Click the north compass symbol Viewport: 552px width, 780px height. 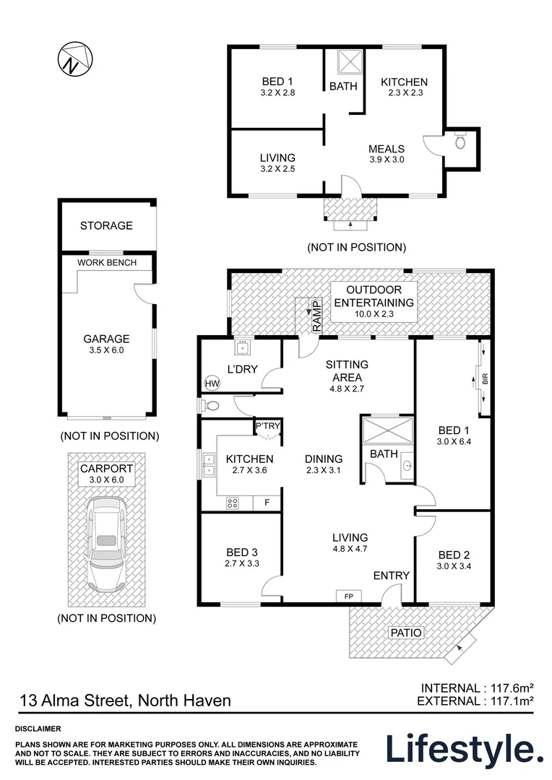point(75,58)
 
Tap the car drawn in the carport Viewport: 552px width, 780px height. point(105,543)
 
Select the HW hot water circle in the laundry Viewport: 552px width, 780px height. point(212,383)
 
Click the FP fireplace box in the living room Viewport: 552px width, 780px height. point(348,596)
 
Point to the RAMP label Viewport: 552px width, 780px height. point(317,316)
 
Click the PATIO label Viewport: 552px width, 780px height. point(406,632)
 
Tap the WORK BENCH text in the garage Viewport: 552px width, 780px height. point(107,263)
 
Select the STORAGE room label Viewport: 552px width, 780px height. point(106,226)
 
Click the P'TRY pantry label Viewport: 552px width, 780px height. point(268,426)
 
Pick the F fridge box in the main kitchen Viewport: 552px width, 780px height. point(267,503)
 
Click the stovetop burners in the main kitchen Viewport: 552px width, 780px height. point(233,503)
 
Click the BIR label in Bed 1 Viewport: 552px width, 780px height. point(486,378)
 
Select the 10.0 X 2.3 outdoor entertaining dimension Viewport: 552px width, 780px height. point(374,314)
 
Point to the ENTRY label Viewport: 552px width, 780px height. point(391,576)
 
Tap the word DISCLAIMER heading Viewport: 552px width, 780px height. point(38,729)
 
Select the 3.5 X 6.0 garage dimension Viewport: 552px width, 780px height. point(106,350)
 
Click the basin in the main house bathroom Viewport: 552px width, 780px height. point(407,466)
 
